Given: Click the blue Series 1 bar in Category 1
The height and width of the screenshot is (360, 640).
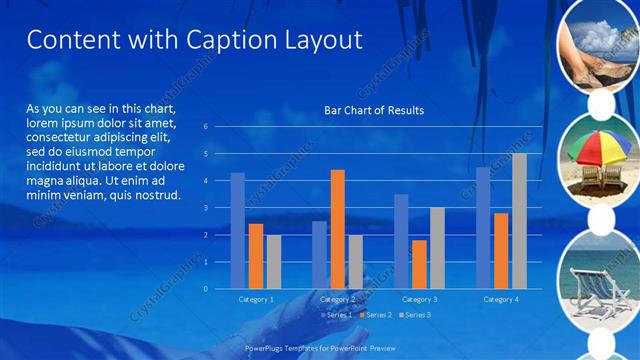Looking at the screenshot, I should click(x=237, y=231).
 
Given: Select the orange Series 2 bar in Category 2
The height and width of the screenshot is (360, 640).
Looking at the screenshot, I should click(x=337, y=229).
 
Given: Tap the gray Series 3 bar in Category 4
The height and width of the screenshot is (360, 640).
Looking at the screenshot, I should click(x=519, y=221).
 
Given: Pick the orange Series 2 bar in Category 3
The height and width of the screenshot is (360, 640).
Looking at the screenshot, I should click(x=419, y=264).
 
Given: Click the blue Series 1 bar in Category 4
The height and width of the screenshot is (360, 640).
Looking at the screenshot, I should click(x=483, y=228).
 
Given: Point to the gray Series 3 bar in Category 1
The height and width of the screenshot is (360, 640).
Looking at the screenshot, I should click(x=273, y=262).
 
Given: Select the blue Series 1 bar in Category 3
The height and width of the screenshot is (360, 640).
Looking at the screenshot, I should click(x=401, y=241).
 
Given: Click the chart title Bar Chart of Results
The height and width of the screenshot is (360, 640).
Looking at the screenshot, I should click(x=374, y=110).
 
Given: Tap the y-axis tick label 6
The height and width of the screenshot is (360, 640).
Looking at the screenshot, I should click(x=205, y=127).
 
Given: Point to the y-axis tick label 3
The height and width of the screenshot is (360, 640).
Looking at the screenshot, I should click(x=205, y=208).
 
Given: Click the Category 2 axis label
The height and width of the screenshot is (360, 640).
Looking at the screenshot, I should click(x=337, y=299).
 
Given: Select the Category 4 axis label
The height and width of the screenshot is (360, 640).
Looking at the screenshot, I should click(x=500, y=299).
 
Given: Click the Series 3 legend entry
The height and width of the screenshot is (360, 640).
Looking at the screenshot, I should click(x=416, y=315).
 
